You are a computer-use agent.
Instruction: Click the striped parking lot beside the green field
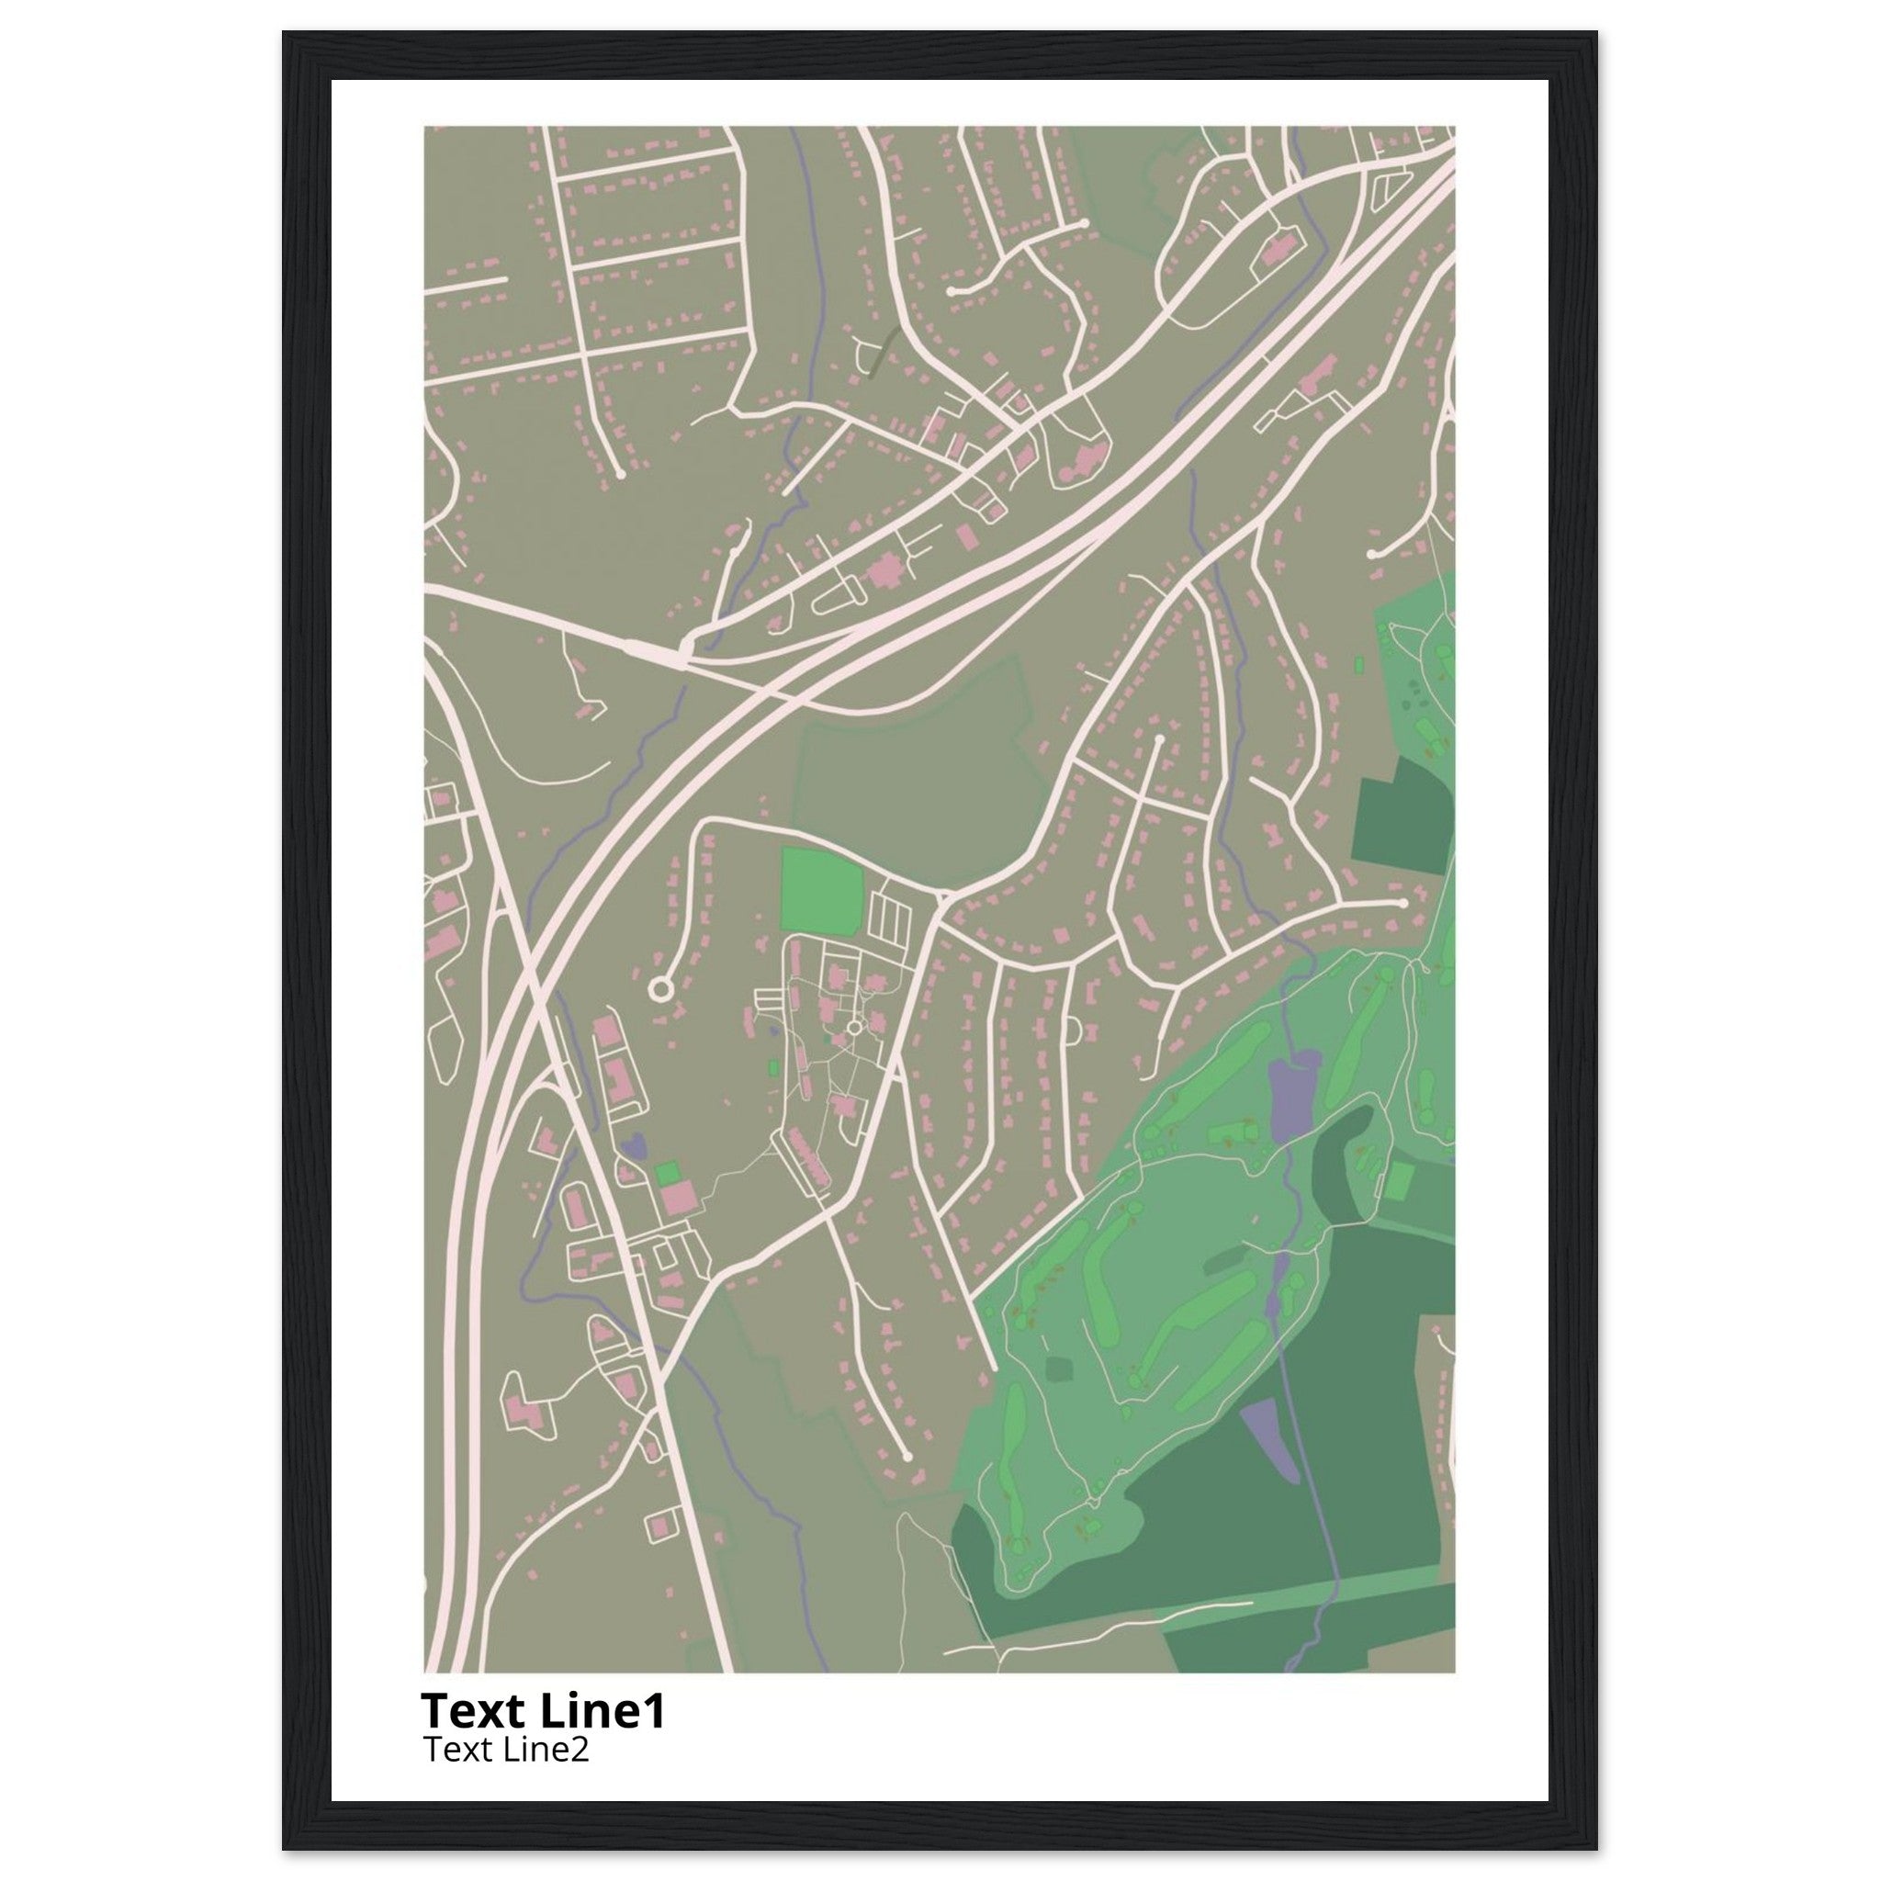[x=891, y=918]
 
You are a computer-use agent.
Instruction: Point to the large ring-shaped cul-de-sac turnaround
[x=660, y=990]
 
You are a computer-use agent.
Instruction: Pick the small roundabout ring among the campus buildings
[x=855, y=1027]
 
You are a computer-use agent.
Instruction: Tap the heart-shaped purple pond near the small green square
[x=633, y=1145]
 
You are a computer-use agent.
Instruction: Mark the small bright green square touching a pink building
[x=668, y=1173]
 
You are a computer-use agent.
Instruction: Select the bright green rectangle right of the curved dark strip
[x=1399, y=1181]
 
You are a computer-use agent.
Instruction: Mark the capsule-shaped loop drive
[x=839, y=596]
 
